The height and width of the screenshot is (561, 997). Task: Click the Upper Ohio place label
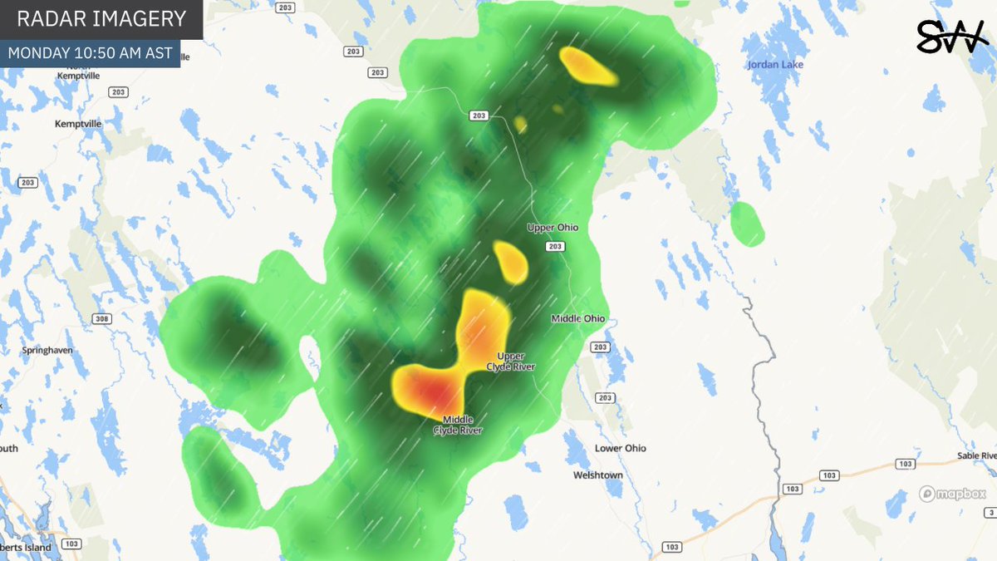point(553,227)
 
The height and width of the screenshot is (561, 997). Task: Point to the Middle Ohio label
point(578,318)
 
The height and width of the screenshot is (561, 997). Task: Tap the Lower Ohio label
point(620,448)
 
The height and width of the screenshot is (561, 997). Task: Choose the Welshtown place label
point(598,475)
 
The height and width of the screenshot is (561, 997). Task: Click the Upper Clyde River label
point(511,362)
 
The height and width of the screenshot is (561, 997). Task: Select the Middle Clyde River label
point(457,425)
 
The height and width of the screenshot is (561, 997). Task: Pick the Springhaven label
point(47,350)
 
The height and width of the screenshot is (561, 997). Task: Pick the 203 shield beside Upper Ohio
point(556,247)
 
